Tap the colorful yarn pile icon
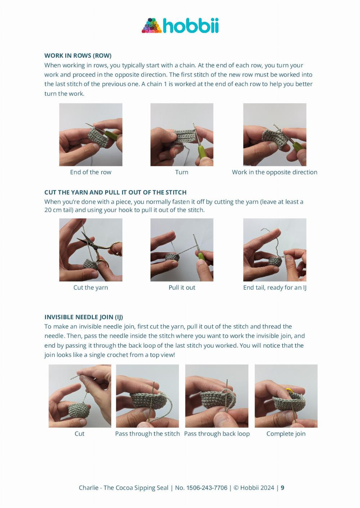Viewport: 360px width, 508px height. pyautogui.click(x=152, y=26)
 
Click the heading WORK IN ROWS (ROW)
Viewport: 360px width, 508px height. pyautogui.click(x=78, y=55)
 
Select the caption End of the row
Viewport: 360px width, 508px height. pyautogui.click(x=91, y=172)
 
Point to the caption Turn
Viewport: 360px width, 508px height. pyautogui.click(x=181, y=172)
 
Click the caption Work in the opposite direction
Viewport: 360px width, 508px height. pyautogui.click(x=274, y=172)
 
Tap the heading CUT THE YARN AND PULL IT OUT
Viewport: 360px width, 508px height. pyautogui.click(x=115, y=192)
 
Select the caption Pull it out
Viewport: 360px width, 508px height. pyautogui.click(x=182, y=287)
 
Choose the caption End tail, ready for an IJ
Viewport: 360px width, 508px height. pyautogui.click(x=275, y=288)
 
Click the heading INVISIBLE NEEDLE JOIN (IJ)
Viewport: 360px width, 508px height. pyautogui.click(x=84, y=317)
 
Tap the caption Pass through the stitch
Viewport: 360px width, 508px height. pyautogui.click(x=147, y=434)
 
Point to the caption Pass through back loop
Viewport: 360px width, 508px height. pyautogui.click(x=217, y=434)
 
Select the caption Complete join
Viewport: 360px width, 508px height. pyautogui.click(x=286, y=434)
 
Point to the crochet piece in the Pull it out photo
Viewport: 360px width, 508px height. pyautogui.click(x=172, y=258)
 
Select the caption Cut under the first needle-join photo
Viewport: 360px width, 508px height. pyautogui.click(x=80, y=434)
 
